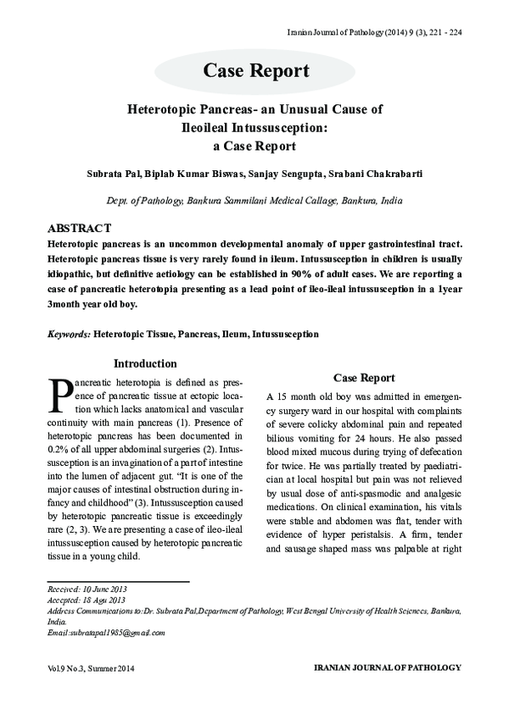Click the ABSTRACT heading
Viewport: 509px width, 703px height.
point(80,229)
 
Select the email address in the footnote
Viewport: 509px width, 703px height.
point(106,632)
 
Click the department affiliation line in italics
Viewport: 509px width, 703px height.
point(255,201)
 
